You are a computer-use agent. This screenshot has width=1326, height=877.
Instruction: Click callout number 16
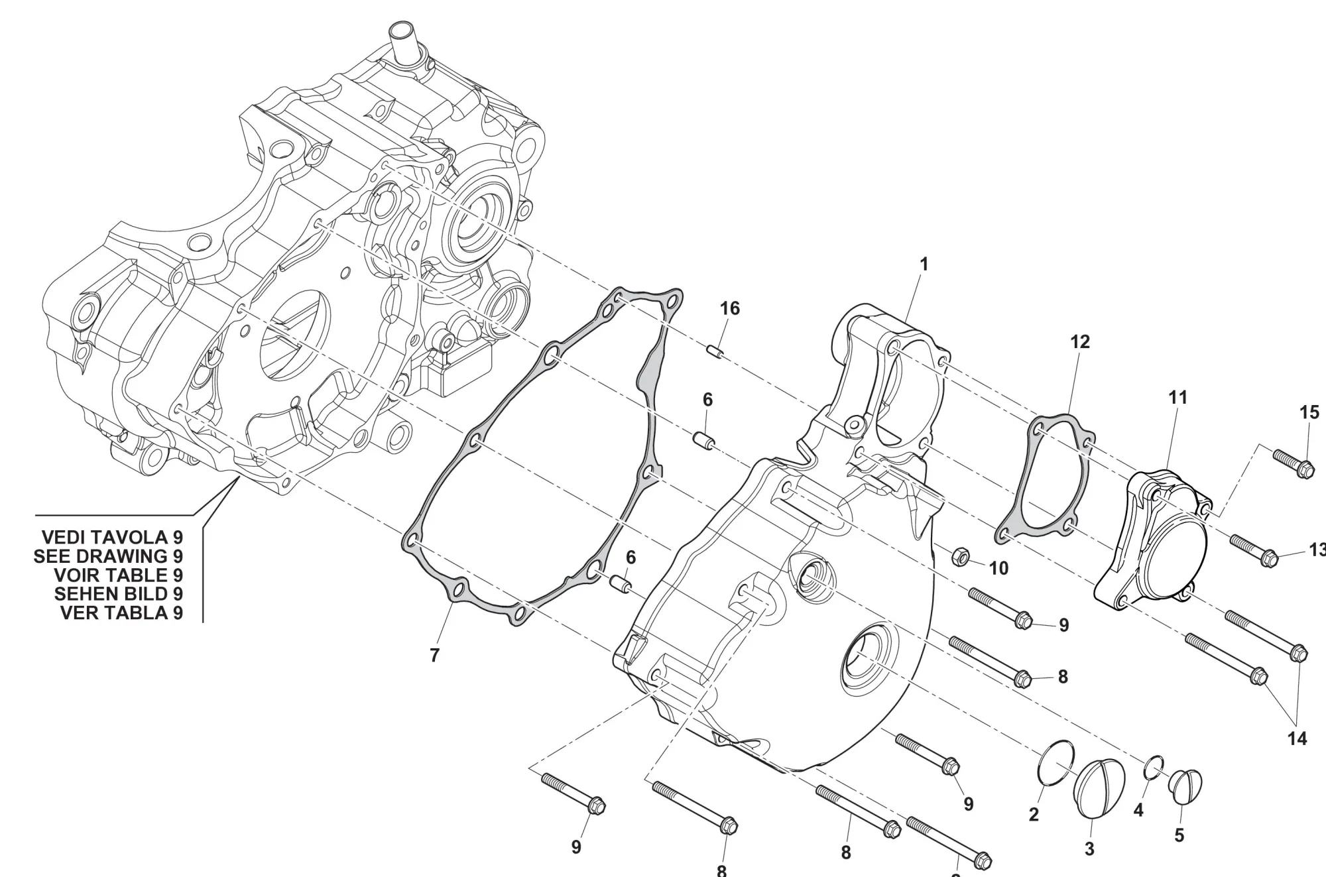(729, 308)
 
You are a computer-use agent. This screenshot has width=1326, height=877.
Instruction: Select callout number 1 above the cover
(924, 264)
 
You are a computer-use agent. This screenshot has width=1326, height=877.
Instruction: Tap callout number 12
(1080, 342)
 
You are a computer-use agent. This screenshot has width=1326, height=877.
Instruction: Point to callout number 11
(1177, 398)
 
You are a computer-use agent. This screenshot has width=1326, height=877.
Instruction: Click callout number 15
(1309, 413)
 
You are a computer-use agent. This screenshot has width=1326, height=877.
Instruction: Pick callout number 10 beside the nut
(998, 568)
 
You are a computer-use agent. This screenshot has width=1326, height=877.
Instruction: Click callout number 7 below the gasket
(434, 656)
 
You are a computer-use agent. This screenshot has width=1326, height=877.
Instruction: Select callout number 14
(1297, 738)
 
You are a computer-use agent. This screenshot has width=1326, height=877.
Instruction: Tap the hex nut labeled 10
(960, 557)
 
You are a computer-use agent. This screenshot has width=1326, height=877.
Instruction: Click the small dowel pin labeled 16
(715, 351)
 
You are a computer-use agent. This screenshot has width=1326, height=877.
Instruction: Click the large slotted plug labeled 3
(1099, 788)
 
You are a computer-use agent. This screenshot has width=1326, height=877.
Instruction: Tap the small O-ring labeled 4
(1154, 767)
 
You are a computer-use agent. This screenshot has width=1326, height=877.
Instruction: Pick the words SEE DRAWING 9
(108, 556)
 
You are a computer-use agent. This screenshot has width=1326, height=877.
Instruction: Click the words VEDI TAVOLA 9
(112, 537)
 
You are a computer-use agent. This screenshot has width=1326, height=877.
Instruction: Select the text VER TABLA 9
(121, 613)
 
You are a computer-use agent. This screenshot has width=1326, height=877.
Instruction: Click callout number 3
(1089, 848)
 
